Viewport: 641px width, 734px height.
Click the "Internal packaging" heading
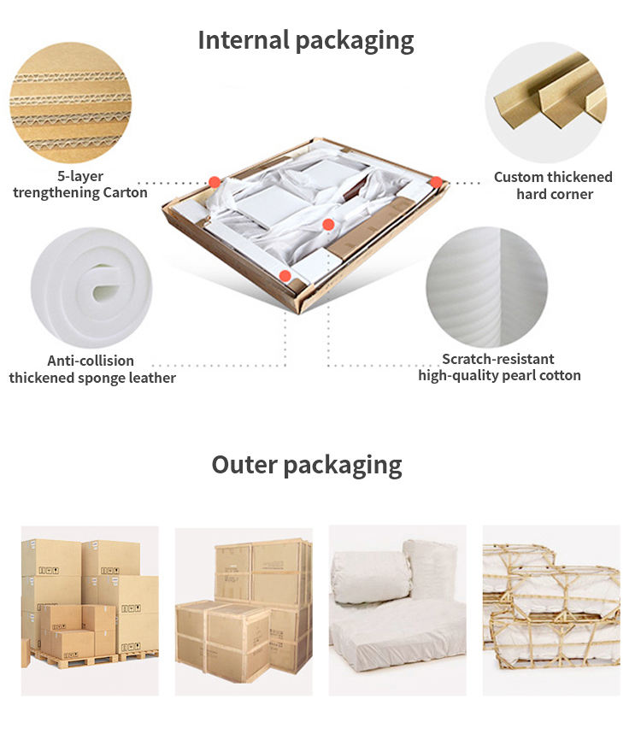point(306,41)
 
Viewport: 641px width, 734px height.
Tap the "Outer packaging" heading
point(307,466)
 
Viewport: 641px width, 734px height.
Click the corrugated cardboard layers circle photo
point(70,103)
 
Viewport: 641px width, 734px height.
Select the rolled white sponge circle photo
point(91,287)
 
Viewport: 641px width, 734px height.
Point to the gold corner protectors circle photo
point(546,103)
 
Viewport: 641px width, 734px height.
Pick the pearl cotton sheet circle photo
point(487,287)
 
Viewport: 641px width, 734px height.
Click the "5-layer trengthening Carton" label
point(80,185)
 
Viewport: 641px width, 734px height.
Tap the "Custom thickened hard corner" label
point(554,185)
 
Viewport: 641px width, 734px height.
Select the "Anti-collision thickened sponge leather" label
point(92,369)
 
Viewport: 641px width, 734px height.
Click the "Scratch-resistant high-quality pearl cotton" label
point(499,367)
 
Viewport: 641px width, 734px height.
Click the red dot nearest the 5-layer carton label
point(215,182)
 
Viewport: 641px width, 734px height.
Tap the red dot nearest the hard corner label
point(436,182)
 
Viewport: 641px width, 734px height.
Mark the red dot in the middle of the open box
point(328,225)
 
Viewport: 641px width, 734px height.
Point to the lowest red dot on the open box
point(285,276)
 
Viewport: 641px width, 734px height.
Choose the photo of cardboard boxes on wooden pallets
point(90,610)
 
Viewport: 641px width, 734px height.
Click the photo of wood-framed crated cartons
point(244,611)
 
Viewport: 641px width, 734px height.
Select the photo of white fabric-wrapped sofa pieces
point(397,610)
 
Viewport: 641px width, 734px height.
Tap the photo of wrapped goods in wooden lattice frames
point(551,610)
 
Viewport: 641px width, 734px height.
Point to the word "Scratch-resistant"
point(498,359)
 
